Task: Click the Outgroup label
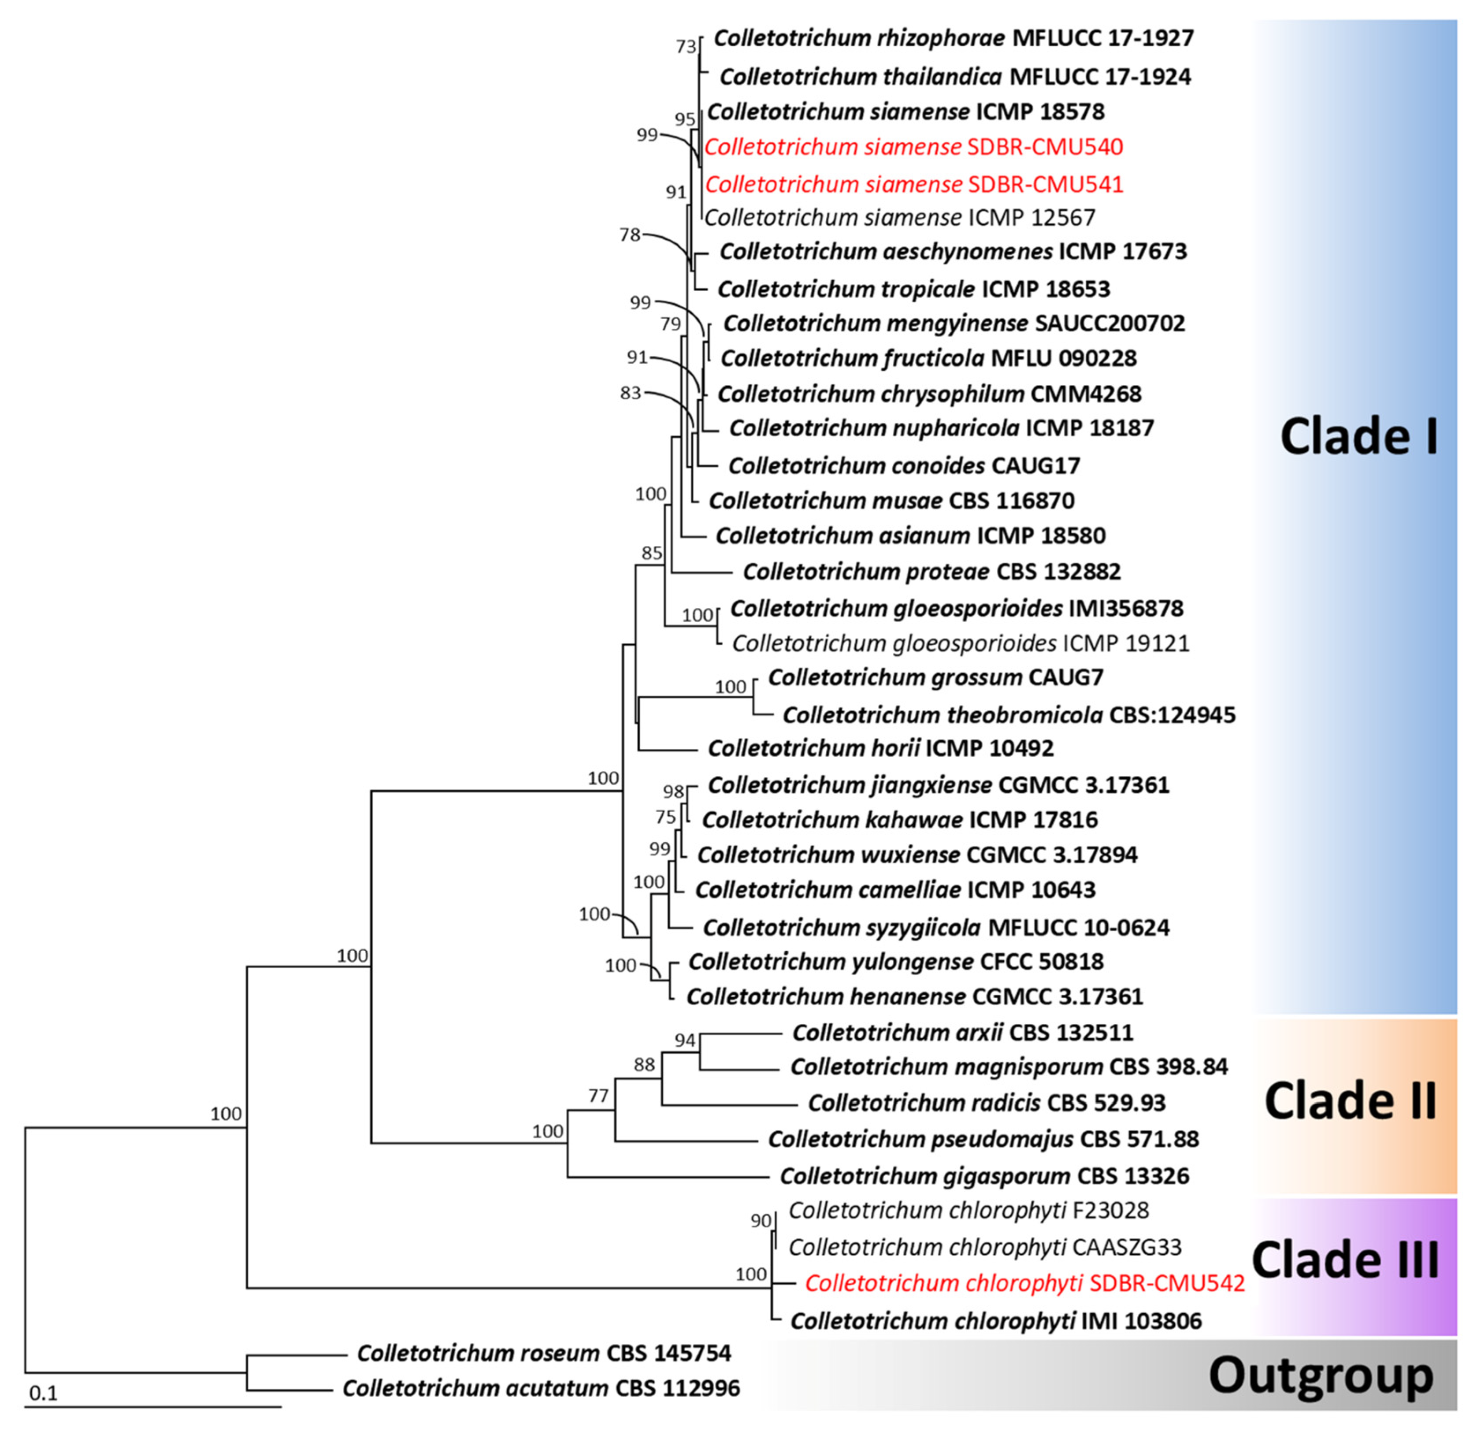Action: [x=1321, y=1375]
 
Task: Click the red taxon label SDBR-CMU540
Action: [x=913, y=147]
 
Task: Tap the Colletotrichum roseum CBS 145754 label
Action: [x=543, y=1353]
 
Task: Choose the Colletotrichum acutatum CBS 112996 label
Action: [x=541, y=1388]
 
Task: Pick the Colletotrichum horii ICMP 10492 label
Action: [x=880, y=748]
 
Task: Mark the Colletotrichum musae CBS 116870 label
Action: [x=891, y=500]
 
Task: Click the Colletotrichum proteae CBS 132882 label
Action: [x=931, y=571]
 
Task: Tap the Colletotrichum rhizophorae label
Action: [x=953, y=37]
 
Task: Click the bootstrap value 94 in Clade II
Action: [x=684, y=1041]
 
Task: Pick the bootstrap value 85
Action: [x=651, y=553]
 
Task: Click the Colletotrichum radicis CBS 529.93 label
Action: [x=987, y=1103]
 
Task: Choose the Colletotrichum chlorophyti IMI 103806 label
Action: [x=995, y=1321]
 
